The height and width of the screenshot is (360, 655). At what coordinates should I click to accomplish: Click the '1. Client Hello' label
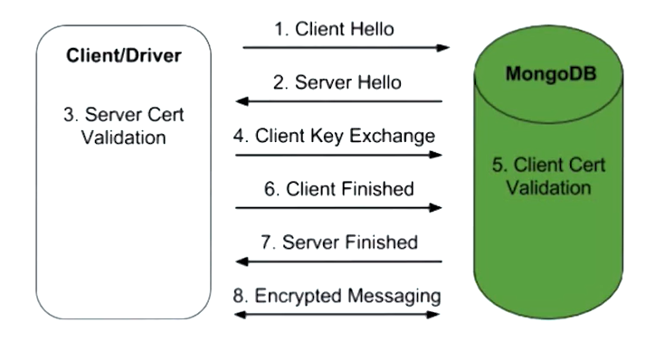[x=334, y=29]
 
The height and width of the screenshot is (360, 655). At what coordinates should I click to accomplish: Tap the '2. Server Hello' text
[x=337, y=82]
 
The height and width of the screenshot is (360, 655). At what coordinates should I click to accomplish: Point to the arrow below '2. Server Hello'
[x=338, y=101]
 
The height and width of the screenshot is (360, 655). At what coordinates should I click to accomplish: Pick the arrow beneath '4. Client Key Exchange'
[x=338, y=155]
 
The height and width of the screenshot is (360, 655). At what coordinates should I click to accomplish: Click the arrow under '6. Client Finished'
[x=338, y=207]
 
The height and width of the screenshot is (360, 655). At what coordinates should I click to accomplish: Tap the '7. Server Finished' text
[x=339, y=242]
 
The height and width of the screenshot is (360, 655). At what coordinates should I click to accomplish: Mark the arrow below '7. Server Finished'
[x=338, y=261]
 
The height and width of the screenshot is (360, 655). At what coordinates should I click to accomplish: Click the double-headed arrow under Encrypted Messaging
[x=338, y=314]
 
